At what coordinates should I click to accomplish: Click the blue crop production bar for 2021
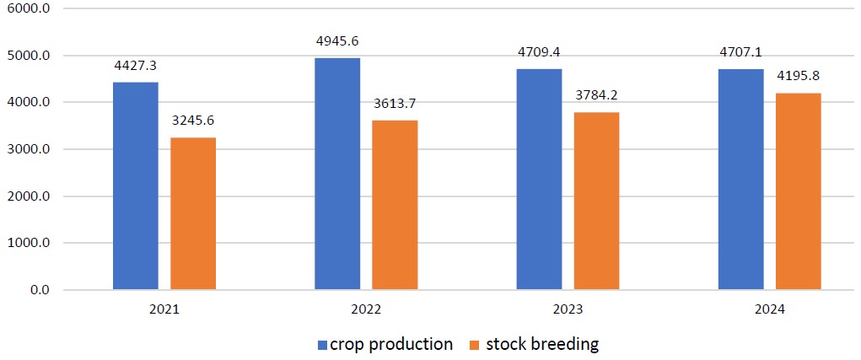tap(135, 186)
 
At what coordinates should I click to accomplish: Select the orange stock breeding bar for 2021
tap(193, 214)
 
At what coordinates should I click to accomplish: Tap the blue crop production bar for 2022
tap(336, 174)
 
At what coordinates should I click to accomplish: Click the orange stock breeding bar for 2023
tap(596, 201)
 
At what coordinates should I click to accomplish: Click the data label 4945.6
tap(336, 41)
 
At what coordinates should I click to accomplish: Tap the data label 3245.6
tap(193, 121)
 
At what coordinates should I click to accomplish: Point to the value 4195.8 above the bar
tap(798, 76)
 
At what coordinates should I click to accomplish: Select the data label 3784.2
tap(596, 95)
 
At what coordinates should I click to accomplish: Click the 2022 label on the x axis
tap(365, 310)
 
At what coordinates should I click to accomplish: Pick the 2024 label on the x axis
tap(769, 310)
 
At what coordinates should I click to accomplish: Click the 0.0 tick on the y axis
tap(40, 291)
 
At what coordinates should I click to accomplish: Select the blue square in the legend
tap(322, 345)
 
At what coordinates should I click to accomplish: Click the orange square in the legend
tap(473, 345)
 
